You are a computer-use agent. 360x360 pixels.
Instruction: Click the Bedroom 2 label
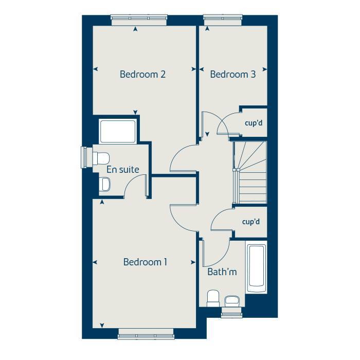(142, 74)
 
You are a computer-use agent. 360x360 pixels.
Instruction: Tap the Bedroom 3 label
(232, 74)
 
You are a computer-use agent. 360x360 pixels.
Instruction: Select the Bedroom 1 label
(146, 262)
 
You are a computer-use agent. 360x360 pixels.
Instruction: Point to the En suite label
(123, 169)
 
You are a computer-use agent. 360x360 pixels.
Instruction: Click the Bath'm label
(222, 272)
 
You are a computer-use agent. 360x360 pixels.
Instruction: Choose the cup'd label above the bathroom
(251, 222)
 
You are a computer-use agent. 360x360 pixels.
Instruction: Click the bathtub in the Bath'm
(256, 267)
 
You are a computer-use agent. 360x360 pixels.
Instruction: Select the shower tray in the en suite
(118, 132)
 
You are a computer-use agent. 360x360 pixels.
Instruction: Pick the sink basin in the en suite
(104, 184)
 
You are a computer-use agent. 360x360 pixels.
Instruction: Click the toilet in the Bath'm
(212, 298)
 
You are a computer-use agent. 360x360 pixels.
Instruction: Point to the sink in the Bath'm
(232, 299)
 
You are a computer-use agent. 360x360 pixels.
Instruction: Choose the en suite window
(84, 157)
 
